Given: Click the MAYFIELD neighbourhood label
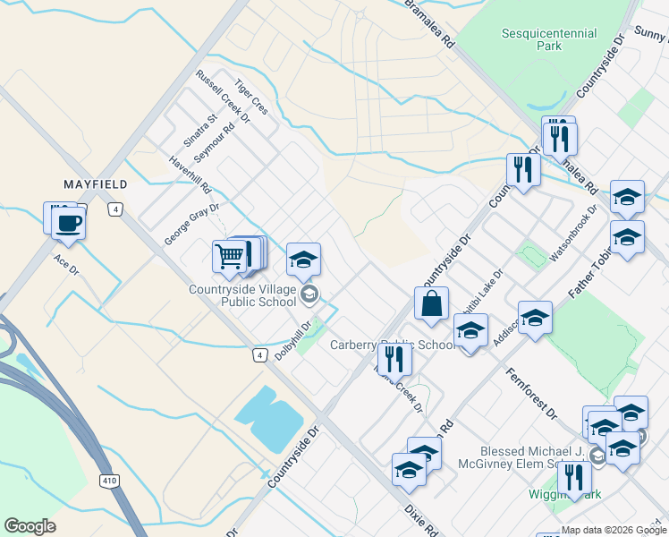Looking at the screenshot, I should coord(96,183).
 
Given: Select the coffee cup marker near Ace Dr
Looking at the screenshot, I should coord(68,222).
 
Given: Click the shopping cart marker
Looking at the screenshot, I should coord(230,257).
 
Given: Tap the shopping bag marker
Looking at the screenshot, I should coord(431,303).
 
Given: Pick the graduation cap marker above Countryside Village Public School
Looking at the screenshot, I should coord(303,260).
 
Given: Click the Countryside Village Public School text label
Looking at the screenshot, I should coord(242,295).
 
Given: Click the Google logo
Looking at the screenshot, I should coord(30,526).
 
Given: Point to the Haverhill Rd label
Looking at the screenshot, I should coord(190,176).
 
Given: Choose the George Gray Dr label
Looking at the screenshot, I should coord(191,224).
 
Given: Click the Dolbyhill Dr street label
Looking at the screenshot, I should coord(292,341).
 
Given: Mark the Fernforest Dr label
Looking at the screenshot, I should coord(530,394).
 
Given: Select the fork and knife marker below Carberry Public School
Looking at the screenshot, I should coord(394,359).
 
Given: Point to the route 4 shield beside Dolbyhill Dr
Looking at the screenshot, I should coord(259,355).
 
